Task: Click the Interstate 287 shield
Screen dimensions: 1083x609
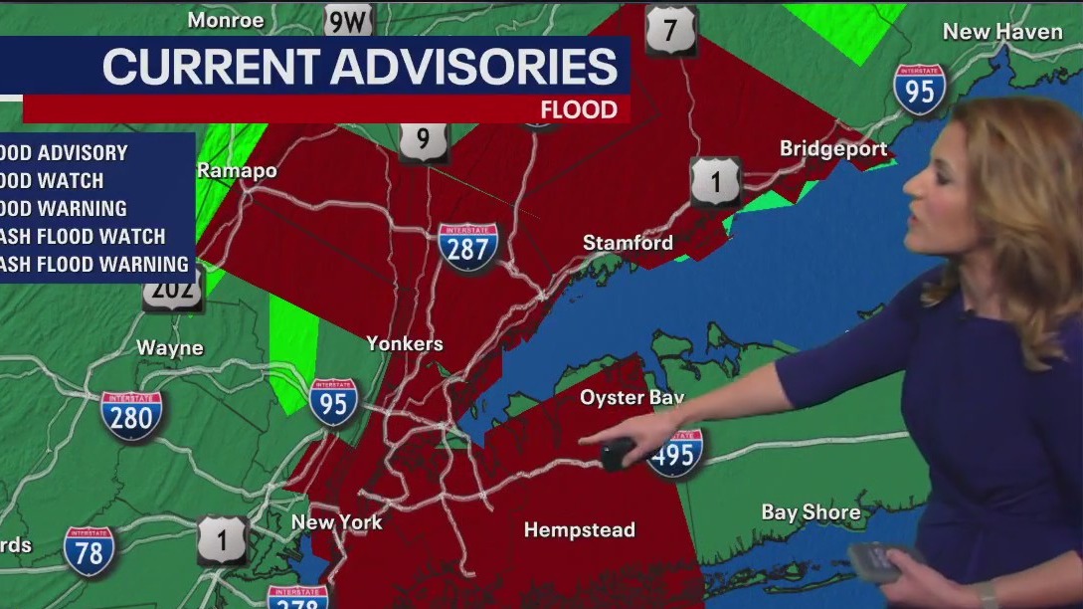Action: [x=467, y=247]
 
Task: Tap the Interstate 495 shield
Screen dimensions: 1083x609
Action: [x=675, y=453]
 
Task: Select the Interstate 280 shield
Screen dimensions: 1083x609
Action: [x=131, y=415]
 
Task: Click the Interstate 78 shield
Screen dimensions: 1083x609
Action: [x=89, y=551]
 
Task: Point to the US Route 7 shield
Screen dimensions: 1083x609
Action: [x=670, y=31]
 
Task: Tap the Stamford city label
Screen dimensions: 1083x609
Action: [x=628, y=243]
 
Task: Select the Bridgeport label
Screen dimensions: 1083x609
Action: [x=833, y=149]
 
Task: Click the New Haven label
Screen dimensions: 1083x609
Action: [x=1002, y=32]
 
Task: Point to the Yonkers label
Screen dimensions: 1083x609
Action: [x=404, y=343]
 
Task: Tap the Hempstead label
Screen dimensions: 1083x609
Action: [x=579, y=530]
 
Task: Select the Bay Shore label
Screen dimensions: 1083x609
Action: [x=811, y=512]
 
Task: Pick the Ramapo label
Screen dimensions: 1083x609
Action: [x=237, y=170]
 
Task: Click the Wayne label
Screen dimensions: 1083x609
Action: [x=170, y=348]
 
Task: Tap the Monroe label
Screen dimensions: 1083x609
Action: [x=226, y=20]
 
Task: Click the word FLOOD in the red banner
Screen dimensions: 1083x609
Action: [x=579, y=109]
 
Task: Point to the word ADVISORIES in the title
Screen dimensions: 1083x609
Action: [x=473, y=67]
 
